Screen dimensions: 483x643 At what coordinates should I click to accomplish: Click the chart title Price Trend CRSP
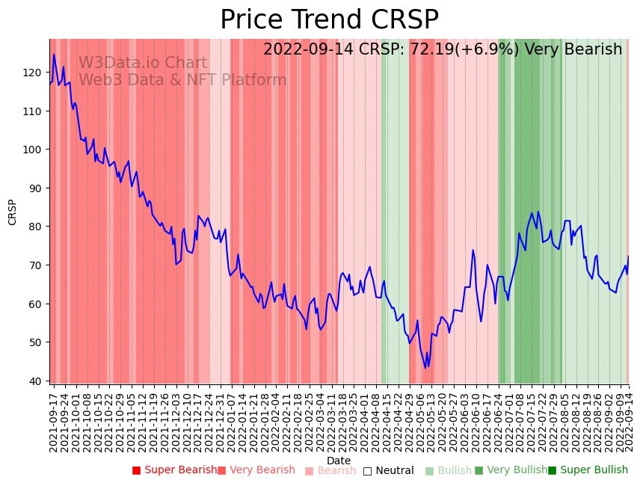tap(329, 20)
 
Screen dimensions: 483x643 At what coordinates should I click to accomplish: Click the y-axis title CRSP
tap(12, 212)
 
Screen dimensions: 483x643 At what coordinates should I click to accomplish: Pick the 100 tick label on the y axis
tap(35, 150)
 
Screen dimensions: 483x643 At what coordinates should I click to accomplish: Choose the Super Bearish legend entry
tap(174, 470)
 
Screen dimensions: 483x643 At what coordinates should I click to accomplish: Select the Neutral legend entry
tap(388, 470)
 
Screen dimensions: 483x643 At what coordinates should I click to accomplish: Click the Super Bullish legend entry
tap(588, 470)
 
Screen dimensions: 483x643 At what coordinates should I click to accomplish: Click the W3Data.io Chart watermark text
tap(143, 64)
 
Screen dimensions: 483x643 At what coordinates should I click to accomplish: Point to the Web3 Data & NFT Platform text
tap(182, 80)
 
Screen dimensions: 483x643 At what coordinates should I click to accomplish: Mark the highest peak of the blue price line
tap(54, 54)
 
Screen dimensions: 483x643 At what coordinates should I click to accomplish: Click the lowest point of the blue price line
tap(425, 367)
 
